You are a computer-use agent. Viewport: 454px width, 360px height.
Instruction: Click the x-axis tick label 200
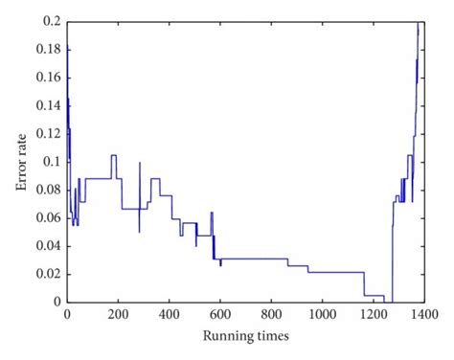click(118, 313)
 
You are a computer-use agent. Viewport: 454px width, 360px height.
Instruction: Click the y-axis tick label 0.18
click(47, 49)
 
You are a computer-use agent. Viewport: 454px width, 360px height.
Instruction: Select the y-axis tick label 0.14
click(47, 105)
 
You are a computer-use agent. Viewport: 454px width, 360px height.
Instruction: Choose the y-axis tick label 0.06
click(47, 217)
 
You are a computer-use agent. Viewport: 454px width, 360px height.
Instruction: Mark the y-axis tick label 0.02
click(47, 274)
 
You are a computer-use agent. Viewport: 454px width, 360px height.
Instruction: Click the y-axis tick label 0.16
click(47, 78)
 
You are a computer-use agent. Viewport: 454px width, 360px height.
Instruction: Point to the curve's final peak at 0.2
click(419, 23)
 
